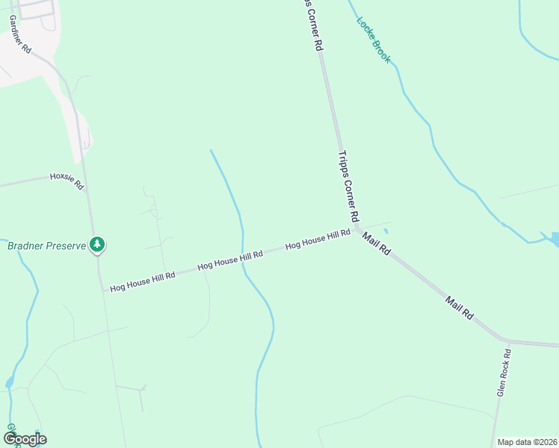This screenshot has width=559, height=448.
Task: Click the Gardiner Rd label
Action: pos(20,34)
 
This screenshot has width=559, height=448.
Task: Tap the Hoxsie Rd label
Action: pos(67,181)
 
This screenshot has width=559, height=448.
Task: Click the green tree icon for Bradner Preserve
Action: pos(97,243)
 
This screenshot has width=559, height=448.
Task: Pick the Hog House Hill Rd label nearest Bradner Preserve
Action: pos(142,281)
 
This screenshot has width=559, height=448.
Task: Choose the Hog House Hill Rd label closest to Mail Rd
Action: pos(318,239)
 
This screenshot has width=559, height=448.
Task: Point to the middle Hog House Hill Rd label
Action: pos(230,261)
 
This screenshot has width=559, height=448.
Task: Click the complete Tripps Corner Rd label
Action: pos(349,187)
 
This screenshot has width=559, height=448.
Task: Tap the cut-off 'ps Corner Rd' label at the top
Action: pos(315,24)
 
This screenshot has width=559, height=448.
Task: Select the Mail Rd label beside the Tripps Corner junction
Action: pos(377,244)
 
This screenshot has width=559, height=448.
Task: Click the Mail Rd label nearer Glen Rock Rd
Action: pos(460,308)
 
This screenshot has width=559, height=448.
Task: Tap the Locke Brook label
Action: pos(374,39)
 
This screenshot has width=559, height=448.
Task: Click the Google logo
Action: pos(25,439)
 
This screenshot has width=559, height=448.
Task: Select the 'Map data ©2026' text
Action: pos(527,442)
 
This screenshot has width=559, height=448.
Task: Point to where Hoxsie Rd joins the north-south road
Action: pos(87,191)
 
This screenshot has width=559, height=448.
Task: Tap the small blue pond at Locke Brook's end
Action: pos(553,239)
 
